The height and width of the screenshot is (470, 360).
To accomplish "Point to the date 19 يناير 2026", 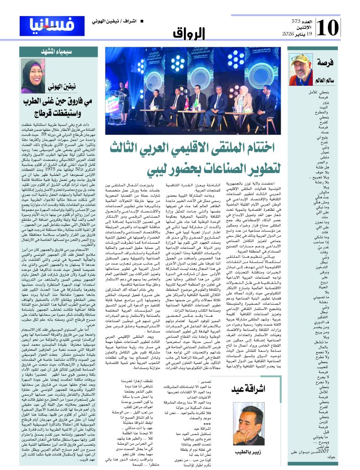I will [x=299, y=34].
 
